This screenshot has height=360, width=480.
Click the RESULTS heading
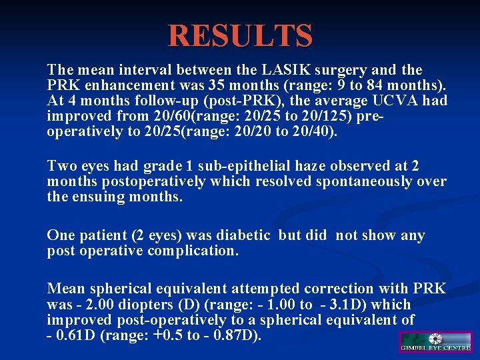coord(240,35)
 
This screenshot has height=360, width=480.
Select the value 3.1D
coord(347,305)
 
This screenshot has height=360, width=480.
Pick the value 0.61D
coord(76,335)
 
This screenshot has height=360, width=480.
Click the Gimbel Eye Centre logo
coord(435,342)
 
